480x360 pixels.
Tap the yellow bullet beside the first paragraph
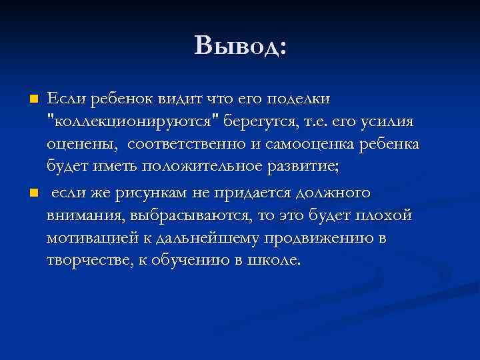click(33, 99)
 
